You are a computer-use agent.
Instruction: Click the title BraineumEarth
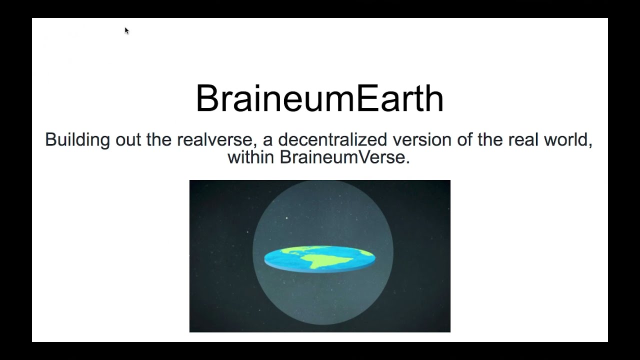319,98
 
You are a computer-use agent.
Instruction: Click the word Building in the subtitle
77,140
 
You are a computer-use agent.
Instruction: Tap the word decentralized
332,139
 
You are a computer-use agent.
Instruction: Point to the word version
422,139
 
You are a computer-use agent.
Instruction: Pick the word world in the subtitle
568,140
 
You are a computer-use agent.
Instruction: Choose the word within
251,157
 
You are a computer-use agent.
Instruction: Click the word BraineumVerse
342,157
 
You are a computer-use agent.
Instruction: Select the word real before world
523,139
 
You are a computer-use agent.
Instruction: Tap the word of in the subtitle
464,139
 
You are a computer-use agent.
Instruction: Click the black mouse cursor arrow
127,31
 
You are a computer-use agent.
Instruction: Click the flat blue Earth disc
319,259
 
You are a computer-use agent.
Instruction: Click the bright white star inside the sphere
286,218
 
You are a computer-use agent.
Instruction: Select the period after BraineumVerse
407,162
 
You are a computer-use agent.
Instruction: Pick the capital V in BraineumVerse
364,157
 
